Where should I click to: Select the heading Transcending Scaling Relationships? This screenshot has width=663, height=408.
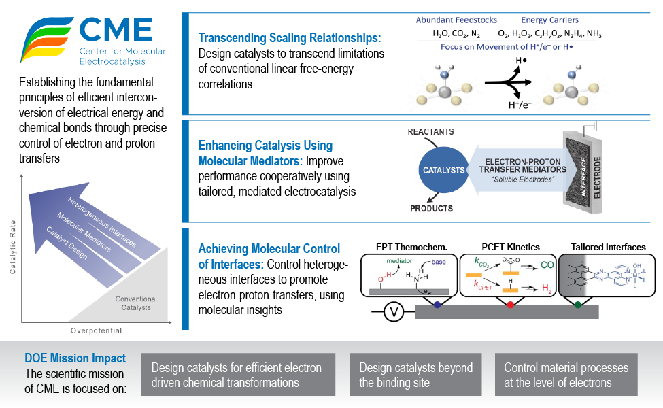click(x=289, y=38)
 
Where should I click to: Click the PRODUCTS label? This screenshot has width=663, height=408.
click(x=431, y=208)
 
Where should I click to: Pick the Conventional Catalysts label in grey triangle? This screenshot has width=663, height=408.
click(x=136, y=303)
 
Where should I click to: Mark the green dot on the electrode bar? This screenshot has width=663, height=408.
click(x=577, y=305)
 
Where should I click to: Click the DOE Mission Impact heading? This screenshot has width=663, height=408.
click(x=75, y=358)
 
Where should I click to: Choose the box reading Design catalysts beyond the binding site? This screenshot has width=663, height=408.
click(x=415, y=375)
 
